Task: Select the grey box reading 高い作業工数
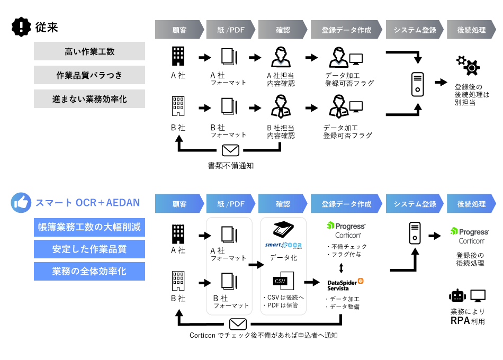pyautogui.click(x=89, y=51)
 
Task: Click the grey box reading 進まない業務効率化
pyautogui.click(x=89, y=99)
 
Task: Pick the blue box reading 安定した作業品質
pyautogui.click(x=89, y=249)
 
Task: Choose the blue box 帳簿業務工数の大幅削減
pyautogui.click(x=89, y=228)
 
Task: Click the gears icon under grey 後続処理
pyautogui.click(x=468, y=65)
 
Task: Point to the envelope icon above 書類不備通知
pyautogui.click(x=230, y=150)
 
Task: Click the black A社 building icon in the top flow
pyautogui.click(x=178, y=56)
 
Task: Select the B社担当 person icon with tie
pyautogui.click(x=282, y=107)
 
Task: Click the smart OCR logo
pyautogui.click(x=283, y=245)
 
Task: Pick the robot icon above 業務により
pyautogui.click(x=456, y=296)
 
